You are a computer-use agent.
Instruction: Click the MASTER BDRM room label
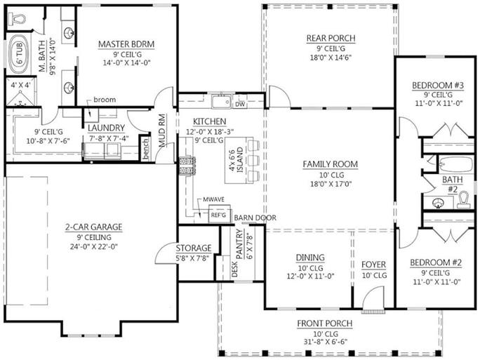[126, 44]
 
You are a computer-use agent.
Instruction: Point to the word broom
[107, 100]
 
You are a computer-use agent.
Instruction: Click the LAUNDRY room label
[106, 128]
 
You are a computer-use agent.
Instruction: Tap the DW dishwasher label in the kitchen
[239, 104]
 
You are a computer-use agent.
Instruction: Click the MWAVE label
[214, 199]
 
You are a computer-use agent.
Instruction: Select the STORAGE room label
[193, 248]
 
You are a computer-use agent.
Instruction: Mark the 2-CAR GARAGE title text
[94, 227]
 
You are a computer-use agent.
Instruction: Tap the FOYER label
[373, 265]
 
